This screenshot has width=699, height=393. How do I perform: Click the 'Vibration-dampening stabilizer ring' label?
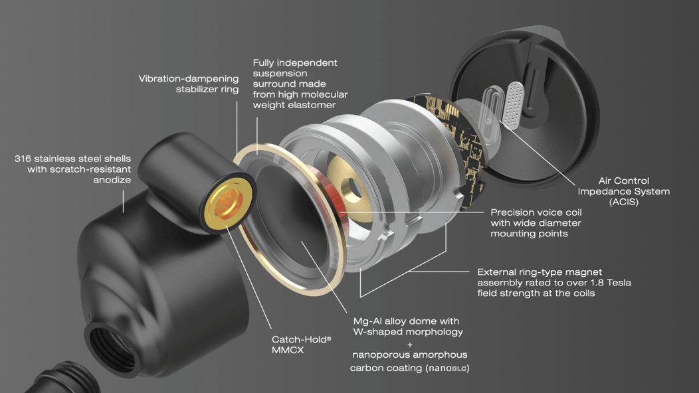pos(189,84)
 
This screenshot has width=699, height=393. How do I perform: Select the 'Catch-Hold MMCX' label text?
pos(302,345)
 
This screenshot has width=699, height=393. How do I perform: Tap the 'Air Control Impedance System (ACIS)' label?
pos(624,191)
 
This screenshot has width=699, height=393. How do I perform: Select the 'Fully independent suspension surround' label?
pos(300,84)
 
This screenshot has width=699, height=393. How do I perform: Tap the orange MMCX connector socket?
pos(229,204)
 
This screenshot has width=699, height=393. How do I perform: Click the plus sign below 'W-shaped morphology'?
pos(410,345)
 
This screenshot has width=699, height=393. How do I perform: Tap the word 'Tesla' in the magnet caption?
pos(617,283)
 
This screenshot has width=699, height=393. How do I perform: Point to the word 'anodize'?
pos(112,180)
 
